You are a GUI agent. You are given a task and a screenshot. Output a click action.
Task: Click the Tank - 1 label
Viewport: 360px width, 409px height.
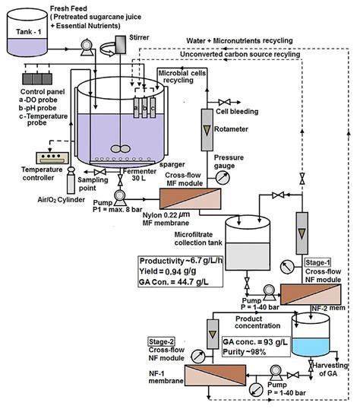click(x=28, y=32)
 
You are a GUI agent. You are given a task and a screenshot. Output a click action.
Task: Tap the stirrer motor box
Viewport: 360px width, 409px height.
click(x=121, y=44)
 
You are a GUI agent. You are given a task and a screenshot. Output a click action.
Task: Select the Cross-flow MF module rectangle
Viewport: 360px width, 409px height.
click(x=191, y=198)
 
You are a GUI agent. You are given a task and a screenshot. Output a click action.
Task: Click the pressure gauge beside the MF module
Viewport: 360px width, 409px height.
click(x=223, y=178)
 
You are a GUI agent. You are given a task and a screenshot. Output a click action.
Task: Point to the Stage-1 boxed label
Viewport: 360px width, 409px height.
click(x=317, y=262)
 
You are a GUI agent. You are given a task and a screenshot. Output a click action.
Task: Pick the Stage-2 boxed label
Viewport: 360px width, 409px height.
click(x=161, y=341)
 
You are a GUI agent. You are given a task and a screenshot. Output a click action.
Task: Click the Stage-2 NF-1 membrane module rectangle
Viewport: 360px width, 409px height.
click(x=215, y=376)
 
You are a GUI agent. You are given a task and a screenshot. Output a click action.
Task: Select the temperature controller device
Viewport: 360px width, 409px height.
click(x=52, y=158)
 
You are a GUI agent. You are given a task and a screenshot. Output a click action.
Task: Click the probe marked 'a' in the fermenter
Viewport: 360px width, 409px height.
click(x=136, y=107)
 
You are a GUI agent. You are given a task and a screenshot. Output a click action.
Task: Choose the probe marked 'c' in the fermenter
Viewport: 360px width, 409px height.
click(x=153, y=107)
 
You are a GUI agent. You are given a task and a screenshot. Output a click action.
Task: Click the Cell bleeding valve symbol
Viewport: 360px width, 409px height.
click(x=225, y=102)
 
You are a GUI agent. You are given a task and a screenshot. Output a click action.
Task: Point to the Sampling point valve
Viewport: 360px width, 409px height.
click(x=99, y=172)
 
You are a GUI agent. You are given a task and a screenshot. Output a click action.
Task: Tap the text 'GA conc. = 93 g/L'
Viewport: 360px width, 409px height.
click(x=255, y=342)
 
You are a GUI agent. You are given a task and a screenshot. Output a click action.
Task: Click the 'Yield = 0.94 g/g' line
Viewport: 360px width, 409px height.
click(x=167, y=271)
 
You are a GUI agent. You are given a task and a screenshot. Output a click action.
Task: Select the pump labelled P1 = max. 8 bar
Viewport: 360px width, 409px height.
click(x=120, y=198)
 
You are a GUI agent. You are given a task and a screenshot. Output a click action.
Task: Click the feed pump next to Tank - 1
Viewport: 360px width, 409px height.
click(x=86, y=47)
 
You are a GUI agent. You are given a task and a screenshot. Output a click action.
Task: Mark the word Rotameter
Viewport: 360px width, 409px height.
click(x=231, y=129)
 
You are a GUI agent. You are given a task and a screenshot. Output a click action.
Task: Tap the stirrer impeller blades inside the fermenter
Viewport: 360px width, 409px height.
click(x=121, y=149)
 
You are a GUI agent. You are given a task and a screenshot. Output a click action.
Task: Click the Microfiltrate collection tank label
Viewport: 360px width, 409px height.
click(x=198, y=239)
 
